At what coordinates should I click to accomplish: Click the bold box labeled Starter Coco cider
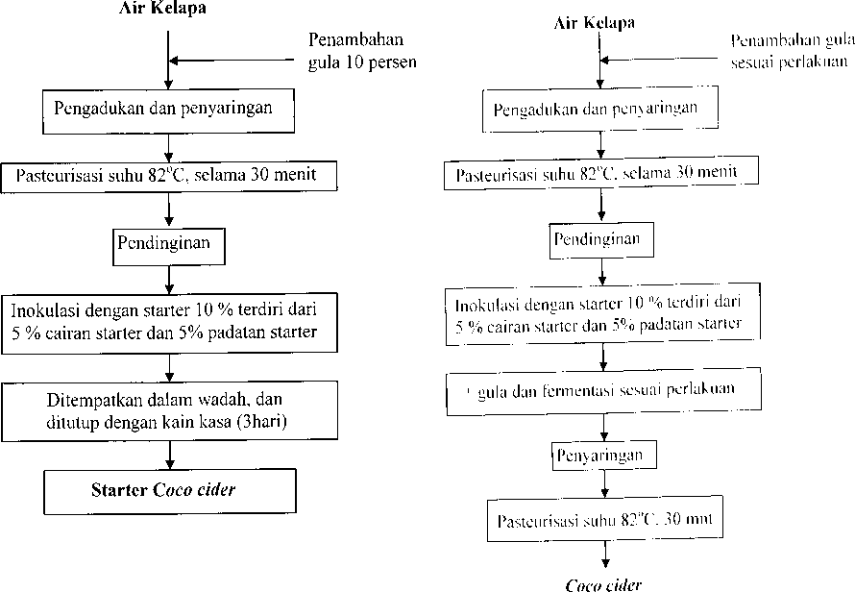pos(170,491)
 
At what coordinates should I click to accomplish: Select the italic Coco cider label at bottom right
pos(603,585)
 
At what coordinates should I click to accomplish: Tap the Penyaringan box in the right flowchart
pos(603,455)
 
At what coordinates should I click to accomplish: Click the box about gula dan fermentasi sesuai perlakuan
pos(603,391)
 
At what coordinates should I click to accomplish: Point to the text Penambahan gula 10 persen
pos(362,51)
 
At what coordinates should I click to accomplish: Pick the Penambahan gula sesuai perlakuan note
pos(793,52)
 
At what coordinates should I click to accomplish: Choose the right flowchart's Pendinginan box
pos(600,239)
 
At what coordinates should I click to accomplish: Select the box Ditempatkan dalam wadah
pos(169,410)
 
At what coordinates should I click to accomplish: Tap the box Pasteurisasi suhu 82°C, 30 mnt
pos(604,519)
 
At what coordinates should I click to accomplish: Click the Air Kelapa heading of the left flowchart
pos(162,9)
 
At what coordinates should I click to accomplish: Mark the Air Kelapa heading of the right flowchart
pos(594,23)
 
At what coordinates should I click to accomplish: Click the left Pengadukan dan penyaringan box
pos(168,111)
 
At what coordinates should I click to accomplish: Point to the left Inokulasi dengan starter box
pos(169,323)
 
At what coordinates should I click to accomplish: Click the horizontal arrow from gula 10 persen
pos(232,61)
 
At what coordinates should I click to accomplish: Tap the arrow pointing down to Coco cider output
pos(604,555)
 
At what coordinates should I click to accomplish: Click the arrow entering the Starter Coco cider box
pos(170,455)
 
